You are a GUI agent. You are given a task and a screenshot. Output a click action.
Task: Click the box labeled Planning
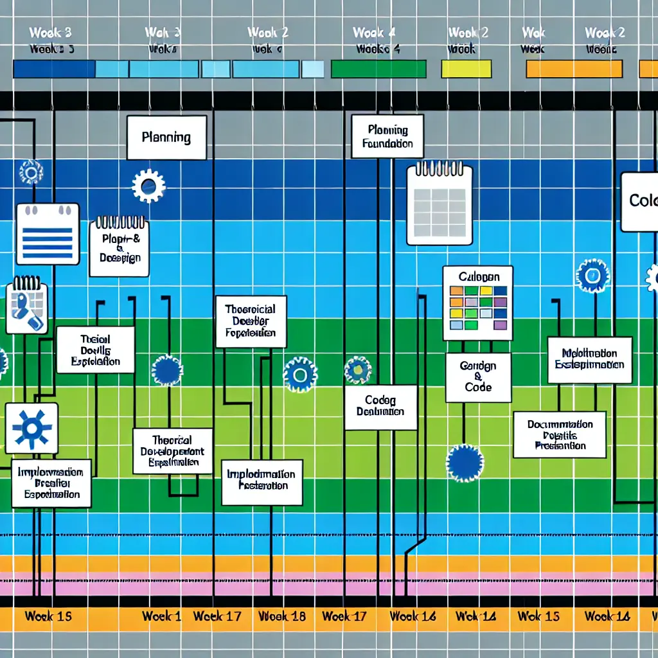(166, 138)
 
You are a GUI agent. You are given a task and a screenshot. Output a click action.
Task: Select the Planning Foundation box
(387, 136)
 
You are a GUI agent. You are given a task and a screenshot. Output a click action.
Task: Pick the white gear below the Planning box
(148, 186)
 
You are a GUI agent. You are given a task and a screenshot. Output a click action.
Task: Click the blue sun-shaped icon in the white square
(31, 427)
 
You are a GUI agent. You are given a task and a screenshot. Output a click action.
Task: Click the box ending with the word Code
(478, 377)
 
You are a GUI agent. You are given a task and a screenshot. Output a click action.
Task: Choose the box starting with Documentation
(559, 435)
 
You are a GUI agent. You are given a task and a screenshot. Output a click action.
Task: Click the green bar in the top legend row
(378, 69)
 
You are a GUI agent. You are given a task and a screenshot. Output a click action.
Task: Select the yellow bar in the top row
(466, 69)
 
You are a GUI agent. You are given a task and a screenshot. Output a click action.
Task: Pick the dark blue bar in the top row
(54, 69)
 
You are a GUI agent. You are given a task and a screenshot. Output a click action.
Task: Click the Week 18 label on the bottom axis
(281, 616)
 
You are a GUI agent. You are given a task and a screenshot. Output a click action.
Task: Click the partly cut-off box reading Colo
(640, 202)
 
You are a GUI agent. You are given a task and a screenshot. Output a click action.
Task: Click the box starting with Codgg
(380, 407)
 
